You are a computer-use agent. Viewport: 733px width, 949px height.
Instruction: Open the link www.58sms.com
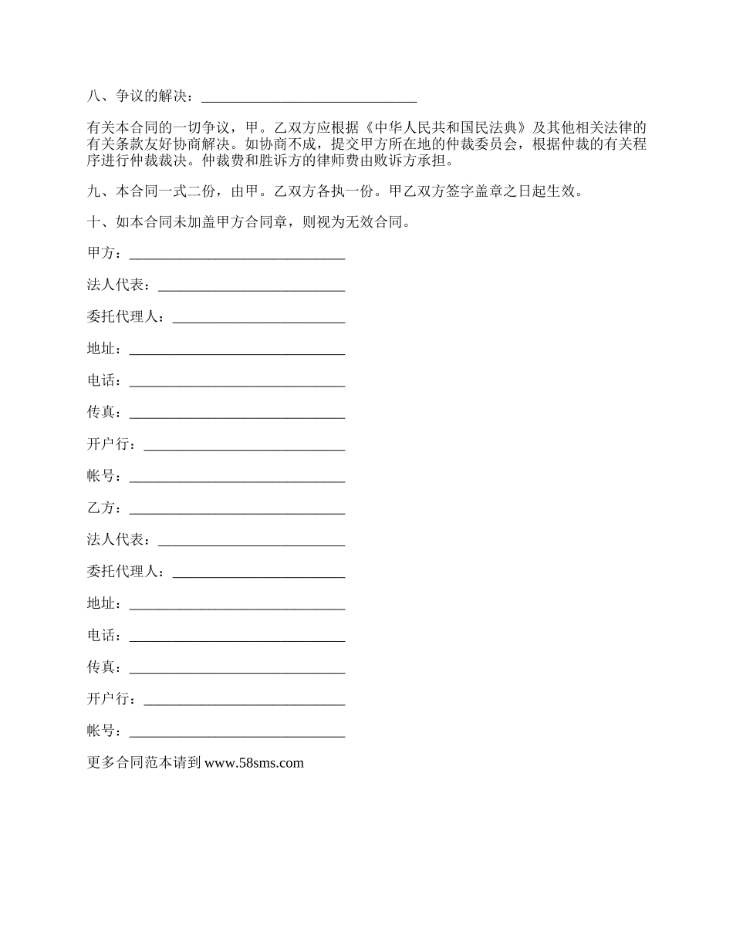(x=255, y=763)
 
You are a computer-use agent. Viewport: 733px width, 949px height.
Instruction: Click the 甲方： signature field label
(x=104, y=254)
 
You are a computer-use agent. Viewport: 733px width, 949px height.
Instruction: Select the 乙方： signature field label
(x=104, y=508)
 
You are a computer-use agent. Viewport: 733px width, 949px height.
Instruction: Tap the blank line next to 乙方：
(x=237, y=510)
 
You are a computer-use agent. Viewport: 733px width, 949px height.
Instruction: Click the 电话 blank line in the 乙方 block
(x=237, y=638)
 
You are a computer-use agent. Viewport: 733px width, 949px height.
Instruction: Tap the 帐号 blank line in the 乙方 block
(x=237, y=733)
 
